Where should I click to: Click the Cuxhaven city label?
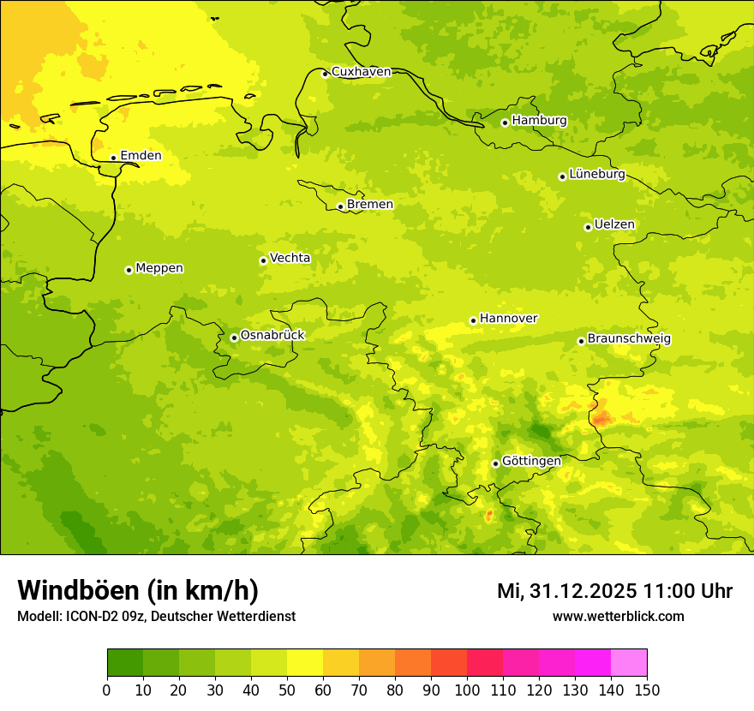point(361,72)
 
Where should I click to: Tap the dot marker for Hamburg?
point(505,122)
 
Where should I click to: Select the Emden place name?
point(141,156)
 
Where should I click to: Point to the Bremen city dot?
point(340,206)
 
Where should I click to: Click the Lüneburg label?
point(597,175)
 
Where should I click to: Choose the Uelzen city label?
point(614,225)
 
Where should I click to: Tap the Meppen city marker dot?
point(129,270)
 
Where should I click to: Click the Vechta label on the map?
point(290,258)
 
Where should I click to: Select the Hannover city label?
point(508,319)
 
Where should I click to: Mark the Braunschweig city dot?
point(581,341)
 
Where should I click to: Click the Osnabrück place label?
point(272,336)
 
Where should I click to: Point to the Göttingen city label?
point(531,462)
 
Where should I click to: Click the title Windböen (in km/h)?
point(138,591)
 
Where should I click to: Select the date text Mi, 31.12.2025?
point(566,592)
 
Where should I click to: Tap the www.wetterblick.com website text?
point(618,617)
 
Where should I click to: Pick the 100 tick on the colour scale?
point(467,690)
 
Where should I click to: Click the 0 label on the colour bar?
point(107,690)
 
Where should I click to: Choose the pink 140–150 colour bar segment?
point(629,662)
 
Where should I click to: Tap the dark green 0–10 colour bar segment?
point(125,662)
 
